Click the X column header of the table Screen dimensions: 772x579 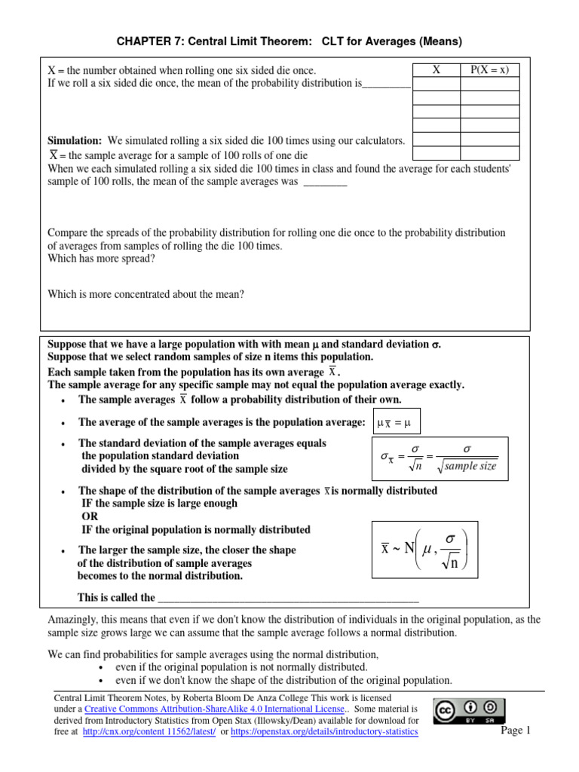[437, 70]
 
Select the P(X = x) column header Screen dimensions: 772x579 [489, 70]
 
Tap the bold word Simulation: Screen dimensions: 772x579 [75, 141]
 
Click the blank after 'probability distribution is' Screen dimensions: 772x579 [386, 84]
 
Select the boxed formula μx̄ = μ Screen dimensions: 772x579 [398, 423]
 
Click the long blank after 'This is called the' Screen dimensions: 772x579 [287, 598]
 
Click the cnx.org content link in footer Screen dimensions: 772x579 [148, 732]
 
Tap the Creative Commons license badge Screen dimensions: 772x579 [468, 712]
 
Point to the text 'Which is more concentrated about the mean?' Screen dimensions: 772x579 [146, 295]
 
